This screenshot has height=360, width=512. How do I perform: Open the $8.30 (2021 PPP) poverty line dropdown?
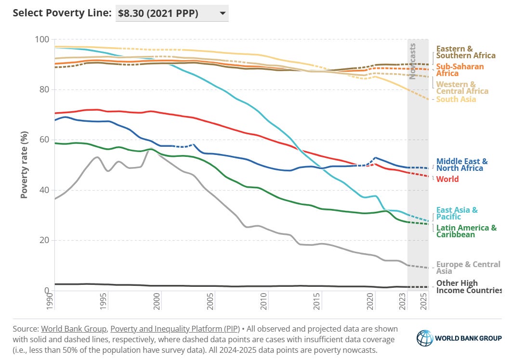(x=172, y=13)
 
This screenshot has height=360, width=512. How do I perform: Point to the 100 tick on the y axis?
(x=42, y=39)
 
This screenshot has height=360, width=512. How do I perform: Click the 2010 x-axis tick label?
(x=263, y=304)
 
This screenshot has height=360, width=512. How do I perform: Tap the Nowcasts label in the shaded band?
(x=413, y=58)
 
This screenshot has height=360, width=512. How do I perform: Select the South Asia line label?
(x=456, y=100)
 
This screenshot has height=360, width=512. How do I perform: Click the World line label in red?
(x=447, y=180)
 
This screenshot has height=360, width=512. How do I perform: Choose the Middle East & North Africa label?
(x=461, y=165)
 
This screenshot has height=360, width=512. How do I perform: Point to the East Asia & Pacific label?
(x=456, y=213)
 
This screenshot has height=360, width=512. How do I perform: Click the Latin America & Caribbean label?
(x=466, y=231)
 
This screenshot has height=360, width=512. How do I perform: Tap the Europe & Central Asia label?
(x=467, y=268)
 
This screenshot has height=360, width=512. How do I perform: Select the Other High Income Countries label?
(x=468, y=287)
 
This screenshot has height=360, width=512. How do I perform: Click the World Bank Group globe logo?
(x=425, y=338)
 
